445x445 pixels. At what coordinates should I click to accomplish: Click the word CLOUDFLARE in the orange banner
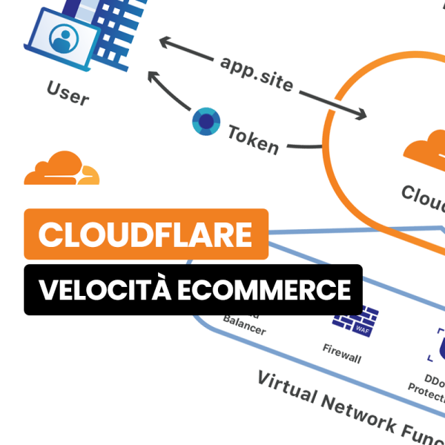(146, 234)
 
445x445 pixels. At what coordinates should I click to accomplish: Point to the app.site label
(257, 75)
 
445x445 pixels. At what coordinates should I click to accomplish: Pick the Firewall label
(342, 353)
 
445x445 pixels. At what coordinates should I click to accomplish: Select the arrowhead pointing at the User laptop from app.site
(165, 44)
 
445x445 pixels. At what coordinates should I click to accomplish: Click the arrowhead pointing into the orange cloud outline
(361, 115)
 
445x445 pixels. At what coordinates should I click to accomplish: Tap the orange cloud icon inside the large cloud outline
(426, 152)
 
